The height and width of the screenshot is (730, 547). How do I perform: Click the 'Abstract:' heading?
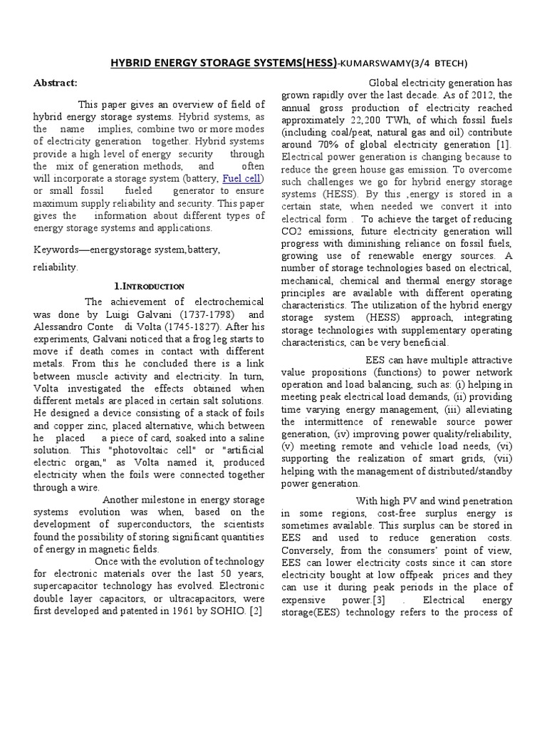55,82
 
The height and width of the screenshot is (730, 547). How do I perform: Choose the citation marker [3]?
377,600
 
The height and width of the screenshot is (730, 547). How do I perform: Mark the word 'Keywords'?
56,250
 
